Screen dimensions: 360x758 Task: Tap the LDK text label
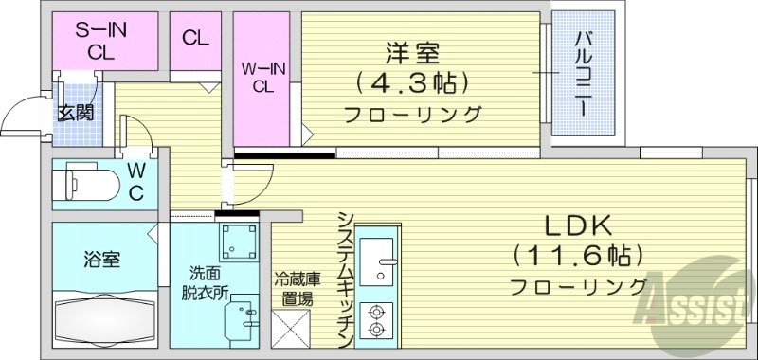(x=579, y=226)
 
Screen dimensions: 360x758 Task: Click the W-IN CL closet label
(x=264, y=76)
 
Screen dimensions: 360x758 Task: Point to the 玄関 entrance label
(x=75, y=113)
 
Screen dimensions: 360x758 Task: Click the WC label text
(x=135, y=183)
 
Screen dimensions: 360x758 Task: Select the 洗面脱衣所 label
(x=205, y=282)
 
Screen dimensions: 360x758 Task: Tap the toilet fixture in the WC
(x=85, y=182)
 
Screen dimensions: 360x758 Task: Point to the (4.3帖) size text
(x=412, y=82)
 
